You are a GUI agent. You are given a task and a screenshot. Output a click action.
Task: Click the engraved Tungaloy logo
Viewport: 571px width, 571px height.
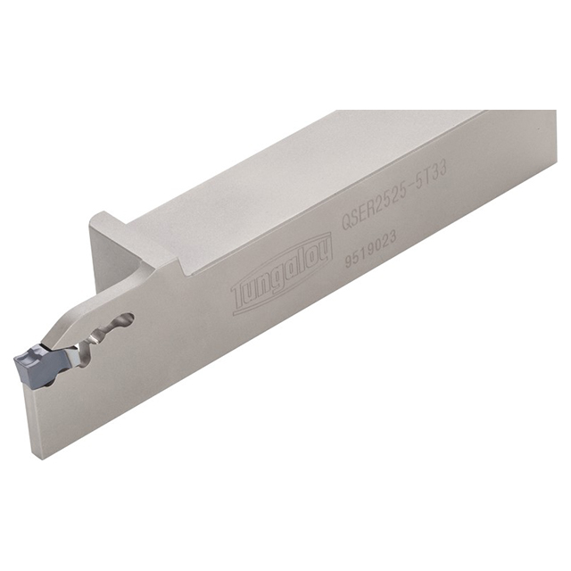click(282, 274)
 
